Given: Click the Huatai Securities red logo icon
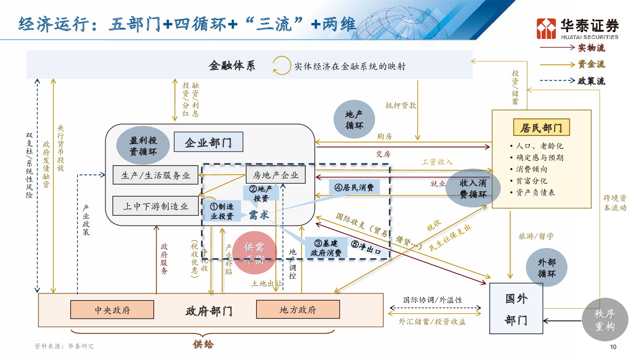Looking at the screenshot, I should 546,28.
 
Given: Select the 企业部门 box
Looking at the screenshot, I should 208,142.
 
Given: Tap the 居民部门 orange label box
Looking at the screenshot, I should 541,128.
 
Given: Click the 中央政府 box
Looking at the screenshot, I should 112,310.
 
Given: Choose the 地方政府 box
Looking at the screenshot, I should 298,309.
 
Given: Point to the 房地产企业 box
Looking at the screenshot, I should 275,175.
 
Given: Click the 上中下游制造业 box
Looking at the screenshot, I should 156,206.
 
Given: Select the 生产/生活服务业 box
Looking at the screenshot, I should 156,175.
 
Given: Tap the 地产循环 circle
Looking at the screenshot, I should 354,120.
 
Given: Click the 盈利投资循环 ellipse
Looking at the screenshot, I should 143,146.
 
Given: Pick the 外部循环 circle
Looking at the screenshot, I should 547,268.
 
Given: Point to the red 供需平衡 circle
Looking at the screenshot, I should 254,253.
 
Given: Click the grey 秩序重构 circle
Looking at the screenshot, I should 605,320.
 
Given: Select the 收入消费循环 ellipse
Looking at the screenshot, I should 473,188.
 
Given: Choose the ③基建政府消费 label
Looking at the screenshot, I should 326,248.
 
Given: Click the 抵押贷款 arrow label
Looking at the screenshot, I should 400,105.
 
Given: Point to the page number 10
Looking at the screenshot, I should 613,347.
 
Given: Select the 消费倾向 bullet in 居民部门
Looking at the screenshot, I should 531,169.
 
